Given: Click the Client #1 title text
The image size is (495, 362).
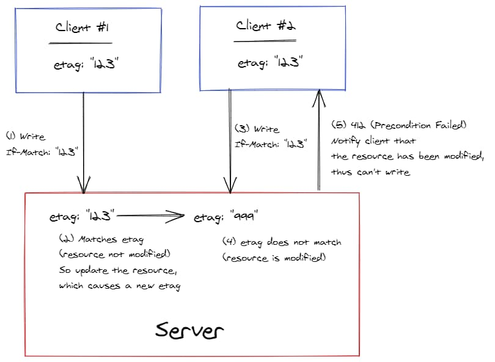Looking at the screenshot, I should point(82,27).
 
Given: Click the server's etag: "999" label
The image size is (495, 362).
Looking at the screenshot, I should point(225,217).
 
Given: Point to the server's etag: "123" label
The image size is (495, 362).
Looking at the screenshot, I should point(82,216).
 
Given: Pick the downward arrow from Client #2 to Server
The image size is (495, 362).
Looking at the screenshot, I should point(230,140).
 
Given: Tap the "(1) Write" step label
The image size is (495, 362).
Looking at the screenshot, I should point(25,136).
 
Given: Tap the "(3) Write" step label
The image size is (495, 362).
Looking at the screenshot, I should point(257,129).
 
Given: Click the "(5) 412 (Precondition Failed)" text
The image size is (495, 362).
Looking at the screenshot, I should point(399,125).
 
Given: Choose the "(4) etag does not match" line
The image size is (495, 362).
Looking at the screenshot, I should point(281,242).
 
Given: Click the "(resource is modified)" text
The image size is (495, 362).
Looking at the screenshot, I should point(274,258).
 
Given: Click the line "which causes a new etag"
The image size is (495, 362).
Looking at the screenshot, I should point(119,286).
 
